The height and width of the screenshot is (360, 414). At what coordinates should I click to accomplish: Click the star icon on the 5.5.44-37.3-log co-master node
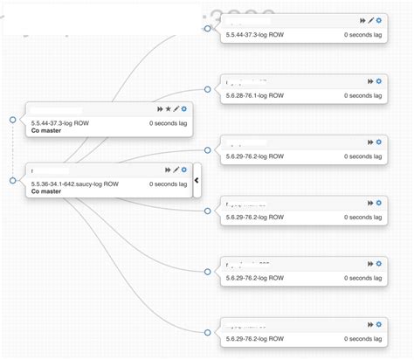pyautogui.click(x=168, y=109)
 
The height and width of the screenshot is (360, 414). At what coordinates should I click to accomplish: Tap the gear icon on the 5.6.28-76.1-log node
pyautogui.click(x=379, y=80)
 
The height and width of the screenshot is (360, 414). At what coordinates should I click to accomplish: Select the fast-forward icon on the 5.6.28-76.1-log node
pyautogui.click(x=370, y=80)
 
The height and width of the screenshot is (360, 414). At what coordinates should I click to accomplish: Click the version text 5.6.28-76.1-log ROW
pyautogui.click(x=255, y=95)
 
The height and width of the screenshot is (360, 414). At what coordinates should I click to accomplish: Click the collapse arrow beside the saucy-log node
pyautogui.click(x=197, y=180)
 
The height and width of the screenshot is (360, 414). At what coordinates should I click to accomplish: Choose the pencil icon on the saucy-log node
pyautogui.click(x=176, y=170)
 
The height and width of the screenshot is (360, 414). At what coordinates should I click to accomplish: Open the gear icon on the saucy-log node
pyautogui.click(x=184, y=170)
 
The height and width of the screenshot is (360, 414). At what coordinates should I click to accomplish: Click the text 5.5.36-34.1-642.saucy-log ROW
pyautogui.click(x=74, y=184)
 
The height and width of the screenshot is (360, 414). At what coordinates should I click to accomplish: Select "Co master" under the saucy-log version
pyautogui.click(x=45, y=192)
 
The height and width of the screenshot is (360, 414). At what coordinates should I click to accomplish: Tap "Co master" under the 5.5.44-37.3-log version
pyautogui.click(x=45, y=131)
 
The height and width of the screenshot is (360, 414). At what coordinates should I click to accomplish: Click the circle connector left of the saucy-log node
pyautogui.click(x=12, y=180)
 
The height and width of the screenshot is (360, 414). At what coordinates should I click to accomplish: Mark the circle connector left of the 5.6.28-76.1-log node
pyautogui.click(x=207, y=89)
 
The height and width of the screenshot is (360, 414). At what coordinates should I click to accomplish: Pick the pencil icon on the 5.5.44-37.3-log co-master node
pyautogui.click(x=176, y=109)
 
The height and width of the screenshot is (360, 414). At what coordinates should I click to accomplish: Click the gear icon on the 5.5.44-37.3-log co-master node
pyautogui.click(x=184, y=109)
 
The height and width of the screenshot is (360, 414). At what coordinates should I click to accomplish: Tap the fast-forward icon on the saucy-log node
pyautogui.click(x=167, y=170)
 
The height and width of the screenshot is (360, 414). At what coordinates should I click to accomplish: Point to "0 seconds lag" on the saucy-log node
pyautogui.click(x=168, y=184)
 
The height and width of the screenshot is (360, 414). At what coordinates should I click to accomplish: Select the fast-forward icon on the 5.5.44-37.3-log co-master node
pyautogui.click(x=159, y=109)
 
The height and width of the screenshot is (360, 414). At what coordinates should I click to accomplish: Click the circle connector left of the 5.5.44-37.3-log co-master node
pyautogui.click(x=12, y=119)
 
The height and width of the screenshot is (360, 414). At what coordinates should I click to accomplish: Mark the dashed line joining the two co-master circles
pyautogui.click(x=12, y=149)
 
